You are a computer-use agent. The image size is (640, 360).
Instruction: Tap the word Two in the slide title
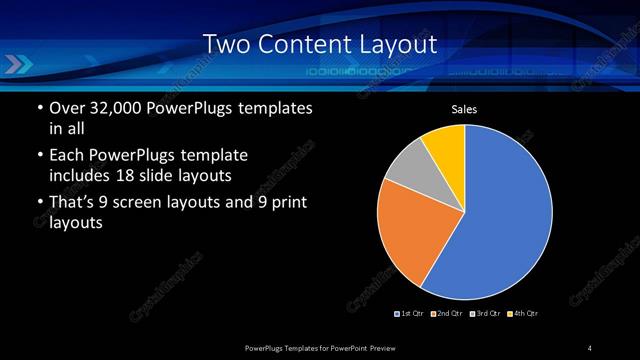(x=225, y=44)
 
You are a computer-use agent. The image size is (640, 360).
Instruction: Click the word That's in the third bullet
(x=75, y=204)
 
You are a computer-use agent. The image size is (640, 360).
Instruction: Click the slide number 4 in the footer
(x=589, y=347)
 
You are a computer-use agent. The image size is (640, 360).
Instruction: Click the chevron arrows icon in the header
(x=20, y=66)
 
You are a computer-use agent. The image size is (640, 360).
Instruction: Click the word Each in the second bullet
(x=66, y=156)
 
